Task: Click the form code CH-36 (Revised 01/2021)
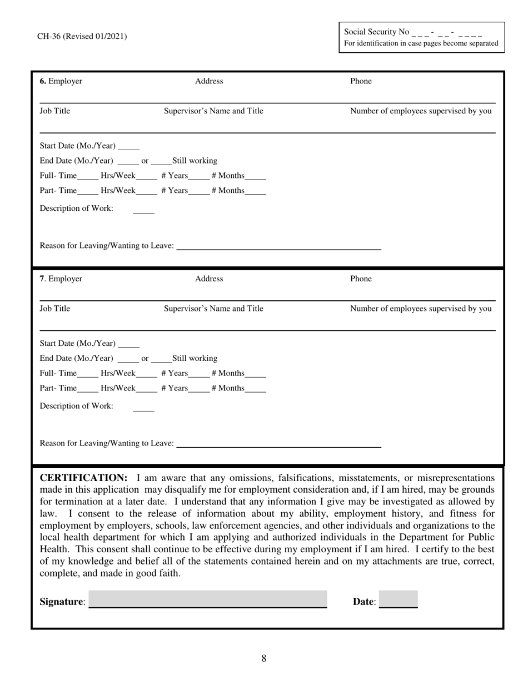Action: coord(82,37)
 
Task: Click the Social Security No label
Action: coord(376,32)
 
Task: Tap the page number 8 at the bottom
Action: coord(264,659)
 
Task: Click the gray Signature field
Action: coord(208,599)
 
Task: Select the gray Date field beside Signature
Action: coord(398,599)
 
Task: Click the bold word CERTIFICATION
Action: coord(84,478)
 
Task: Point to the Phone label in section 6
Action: coord(361,81)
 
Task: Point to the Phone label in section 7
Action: coord(361,279)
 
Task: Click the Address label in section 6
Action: coord(209,81)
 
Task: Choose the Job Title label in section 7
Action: coord(55,309)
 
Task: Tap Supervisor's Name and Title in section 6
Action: coord(213,111)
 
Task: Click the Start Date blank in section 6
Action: coord(129,147)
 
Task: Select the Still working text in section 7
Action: coord(195,358)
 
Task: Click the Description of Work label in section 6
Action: coord(76,209)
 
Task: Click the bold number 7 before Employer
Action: coord(42,279)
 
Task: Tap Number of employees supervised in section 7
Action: coord(421,309)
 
